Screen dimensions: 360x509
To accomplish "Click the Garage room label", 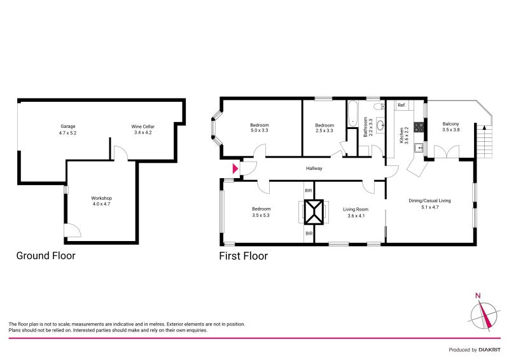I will (68, 127).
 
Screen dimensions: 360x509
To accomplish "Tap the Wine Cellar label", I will (144, 127).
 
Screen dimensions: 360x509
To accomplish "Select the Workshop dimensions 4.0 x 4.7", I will (102, 205).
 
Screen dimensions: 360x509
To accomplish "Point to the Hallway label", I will (314, 169).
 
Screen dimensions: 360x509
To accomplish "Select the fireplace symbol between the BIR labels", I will (314, 212).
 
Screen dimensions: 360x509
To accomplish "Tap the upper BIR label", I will (309, 190).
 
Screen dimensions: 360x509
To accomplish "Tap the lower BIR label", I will (309, 233).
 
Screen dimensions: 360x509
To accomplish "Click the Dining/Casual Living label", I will (429, 200).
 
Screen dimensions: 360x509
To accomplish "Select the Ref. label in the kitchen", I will (401, 105).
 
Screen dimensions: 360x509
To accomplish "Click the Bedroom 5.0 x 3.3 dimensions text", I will (260, 131).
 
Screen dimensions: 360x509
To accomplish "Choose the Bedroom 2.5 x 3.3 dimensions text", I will (324, 131).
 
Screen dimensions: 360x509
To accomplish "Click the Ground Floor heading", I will (46, 256).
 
